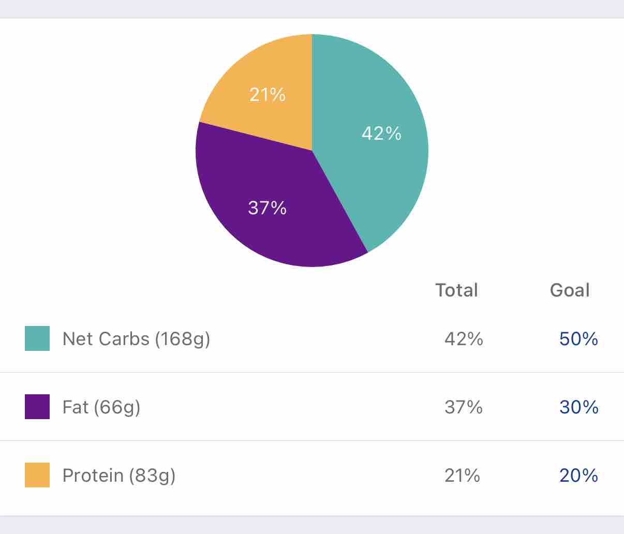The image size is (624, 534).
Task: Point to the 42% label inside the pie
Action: click(381, 133)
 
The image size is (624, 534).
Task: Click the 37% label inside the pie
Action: click(267, 207)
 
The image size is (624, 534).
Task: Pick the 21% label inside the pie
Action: click(267, 94)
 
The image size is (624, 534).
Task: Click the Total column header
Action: click(456, 290)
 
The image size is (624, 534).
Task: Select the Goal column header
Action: click(569, 290)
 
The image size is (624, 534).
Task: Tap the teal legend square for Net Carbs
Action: click(37, 338)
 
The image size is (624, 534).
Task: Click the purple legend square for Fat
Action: click(37, 407)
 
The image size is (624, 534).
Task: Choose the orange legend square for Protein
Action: click(37, 475)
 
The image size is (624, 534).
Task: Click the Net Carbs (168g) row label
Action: click(136, 338)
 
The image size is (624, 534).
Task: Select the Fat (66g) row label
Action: click(101, 407)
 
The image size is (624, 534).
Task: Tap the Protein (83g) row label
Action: click(119, 475)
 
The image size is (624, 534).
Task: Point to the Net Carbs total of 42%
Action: click(464, 338)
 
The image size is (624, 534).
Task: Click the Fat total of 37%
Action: click(464, 407)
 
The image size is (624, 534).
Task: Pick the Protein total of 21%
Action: click(462, 475)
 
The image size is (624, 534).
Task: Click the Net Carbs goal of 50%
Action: click(578, 338)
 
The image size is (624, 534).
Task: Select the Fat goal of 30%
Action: click(578, 407)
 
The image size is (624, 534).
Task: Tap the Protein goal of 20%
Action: click(578, 475)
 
